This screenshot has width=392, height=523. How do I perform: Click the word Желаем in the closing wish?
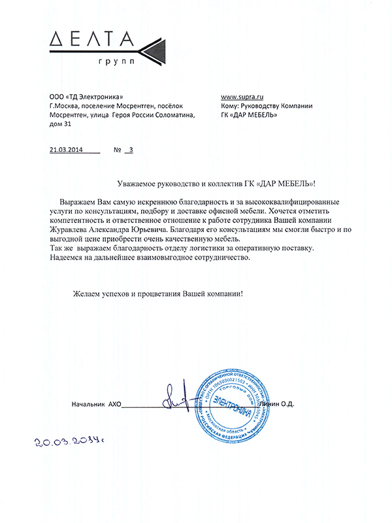tap(86, 294)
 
